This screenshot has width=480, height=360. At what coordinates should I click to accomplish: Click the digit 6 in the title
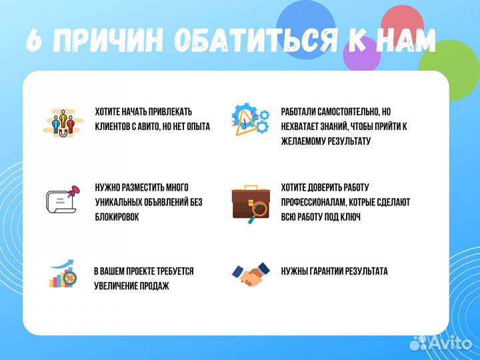click(34, 41)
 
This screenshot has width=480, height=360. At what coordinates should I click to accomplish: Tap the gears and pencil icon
click(249, 121)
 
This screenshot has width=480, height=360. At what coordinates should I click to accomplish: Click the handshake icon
click(250, 273)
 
